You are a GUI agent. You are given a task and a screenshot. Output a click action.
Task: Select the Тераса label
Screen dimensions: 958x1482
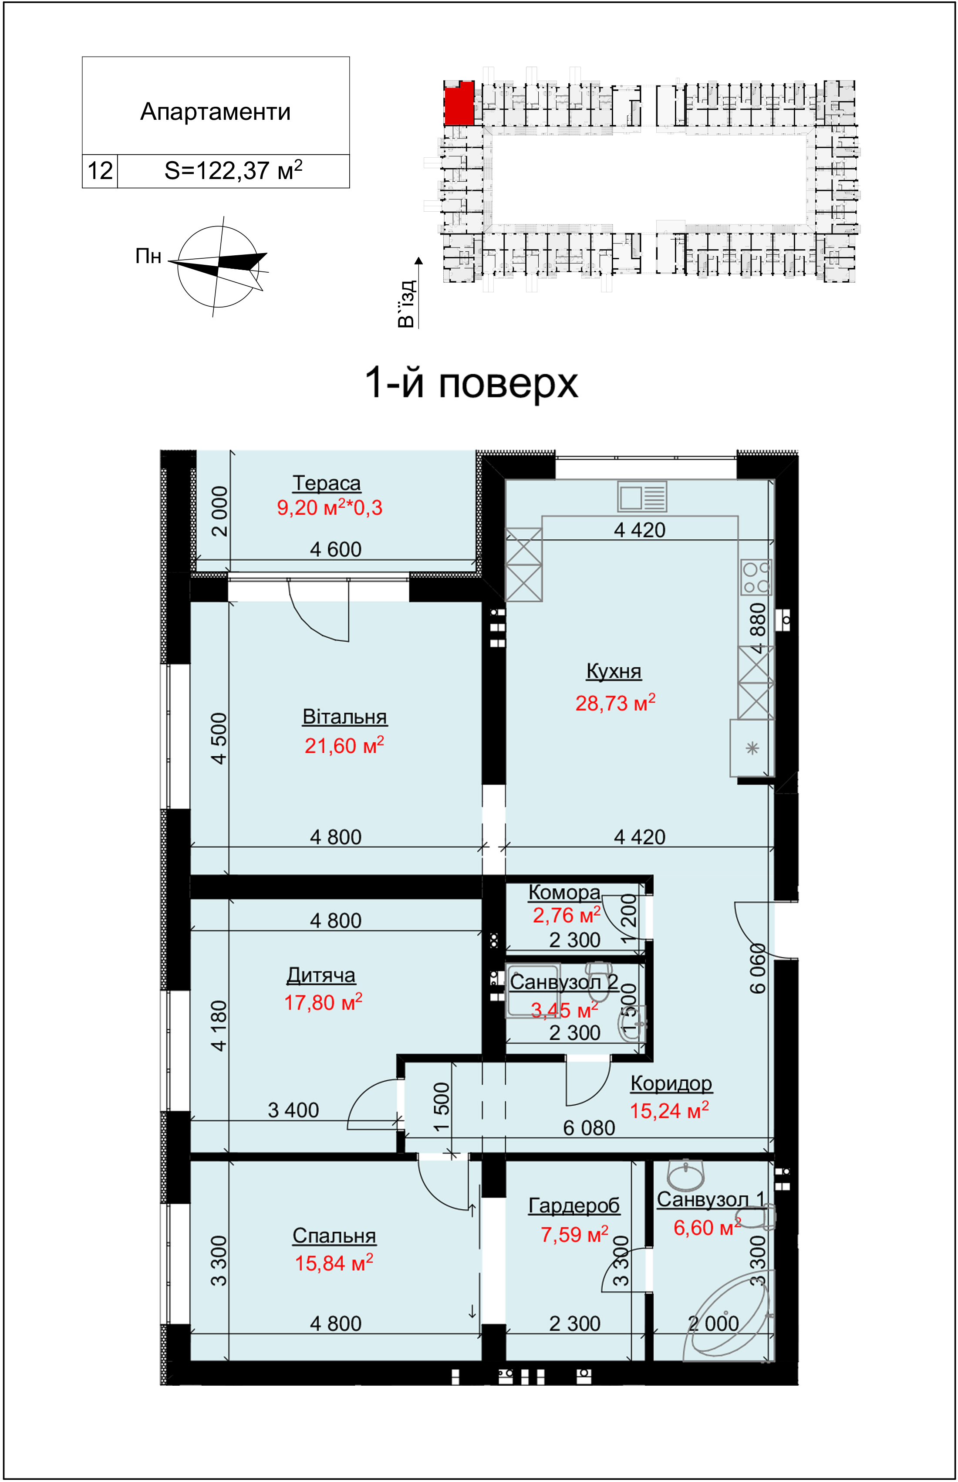(x=327, y=483)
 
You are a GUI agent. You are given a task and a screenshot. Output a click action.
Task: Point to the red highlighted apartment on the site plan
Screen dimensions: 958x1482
(x=459, y=104)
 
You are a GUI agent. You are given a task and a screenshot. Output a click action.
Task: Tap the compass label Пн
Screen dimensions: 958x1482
(x=148, y=256)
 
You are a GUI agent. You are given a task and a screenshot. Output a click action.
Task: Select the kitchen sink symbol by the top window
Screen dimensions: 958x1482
(x=642, y=497)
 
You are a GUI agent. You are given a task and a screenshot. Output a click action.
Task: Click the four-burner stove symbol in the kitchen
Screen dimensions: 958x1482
(x=756, y=577)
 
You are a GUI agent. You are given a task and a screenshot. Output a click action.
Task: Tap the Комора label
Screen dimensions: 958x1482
(x=564, y=892)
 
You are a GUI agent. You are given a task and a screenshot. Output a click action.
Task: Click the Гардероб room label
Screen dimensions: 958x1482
(x=574, y=1205)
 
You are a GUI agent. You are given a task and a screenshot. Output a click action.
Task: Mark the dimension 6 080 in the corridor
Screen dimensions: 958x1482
(x=589, y=1127)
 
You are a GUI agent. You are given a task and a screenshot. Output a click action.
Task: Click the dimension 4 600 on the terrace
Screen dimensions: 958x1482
(x=336, y=549)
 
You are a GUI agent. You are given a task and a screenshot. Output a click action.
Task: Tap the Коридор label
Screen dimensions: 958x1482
(x=671, y=1083)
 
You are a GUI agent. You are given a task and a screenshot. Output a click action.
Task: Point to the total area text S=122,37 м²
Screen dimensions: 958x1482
(x=233, y=170)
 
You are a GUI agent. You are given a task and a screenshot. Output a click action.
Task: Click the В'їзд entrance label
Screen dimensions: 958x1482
(x=406, y=303)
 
